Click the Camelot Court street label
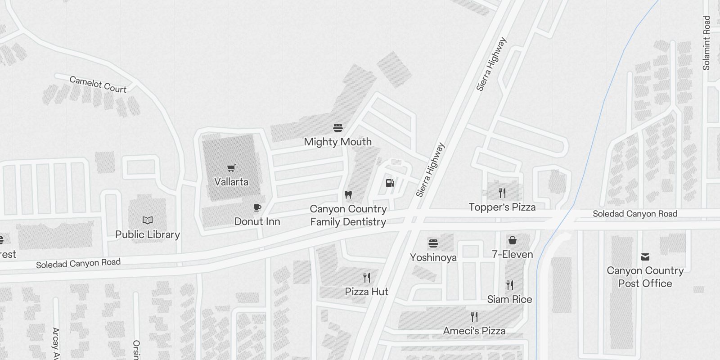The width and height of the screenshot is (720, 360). (x=98, y=85)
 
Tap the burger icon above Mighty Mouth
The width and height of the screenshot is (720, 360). (x=338, y=128)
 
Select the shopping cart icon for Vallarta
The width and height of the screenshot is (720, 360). (x=231, y=168)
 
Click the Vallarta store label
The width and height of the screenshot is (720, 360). (x=231, y=182)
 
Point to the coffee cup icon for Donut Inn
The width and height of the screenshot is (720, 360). (x=257, y=207)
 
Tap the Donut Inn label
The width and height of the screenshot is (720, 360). (x=257, y=221)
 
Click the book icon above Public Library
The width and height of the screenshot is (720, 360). (x=148, y=220)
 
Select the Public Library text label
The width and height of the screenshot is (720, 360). (x=148, y=234)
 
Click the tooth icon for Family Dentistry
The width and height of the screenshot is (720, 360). (x=348, y=195)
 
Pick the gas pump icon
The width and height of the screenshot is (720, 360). (x=390, y=183)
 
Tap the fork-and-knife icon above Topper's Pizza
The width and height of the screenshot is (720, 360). (x=502, y=193)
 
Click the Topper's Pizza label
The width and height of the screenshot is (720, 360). (x=502, y=207)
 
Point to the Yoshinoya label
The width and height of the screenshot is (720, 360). (x=433, y=257)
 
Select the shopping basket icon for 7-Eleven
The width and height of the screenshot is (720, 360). (x=512, y=240)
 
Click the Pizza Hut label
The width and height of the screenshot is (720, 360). (x=366, y=292)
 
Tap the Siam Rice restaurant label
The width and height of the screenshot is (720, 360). (x=509, y=299)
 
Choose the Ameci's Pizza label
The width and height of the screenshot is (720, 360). (x=474, y=331)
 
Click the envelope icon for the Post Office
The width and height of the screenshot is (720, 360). (x=645, y=257)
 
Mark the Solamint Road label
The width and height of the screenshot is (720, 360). (x=706, y=43)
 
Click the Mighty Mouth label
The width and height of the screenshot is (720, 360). (x=338, y=142)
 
